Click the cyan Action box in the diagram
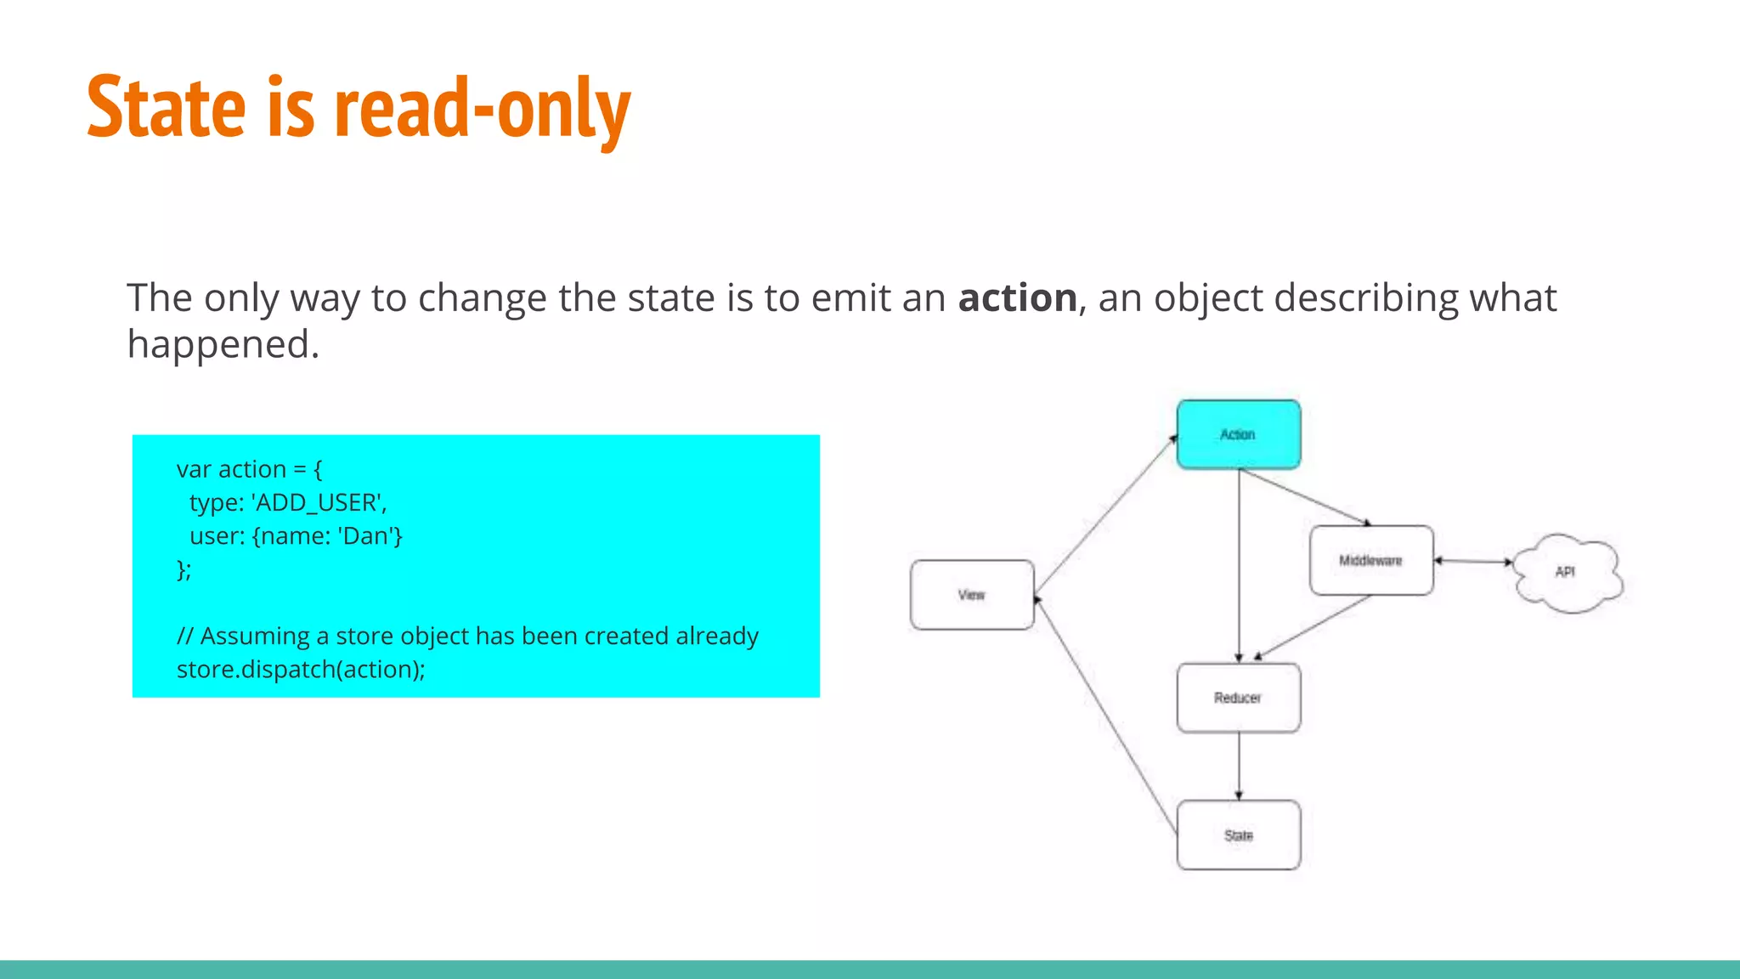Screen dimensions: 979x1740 tap(1238, 434)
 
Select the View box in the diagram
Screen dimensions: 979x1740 tap(972, 595)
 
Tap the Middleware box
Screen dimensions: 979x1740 tap(1370, 561)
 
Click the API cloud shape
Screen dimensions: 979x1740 tap(1566, 572)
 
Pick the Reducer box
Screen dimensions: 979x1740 tap(1238, 698)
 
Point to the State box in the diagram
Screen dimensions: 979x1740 tap(1238, 835)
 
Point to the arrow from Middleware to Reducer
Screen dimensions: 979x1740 tap(1313, 627)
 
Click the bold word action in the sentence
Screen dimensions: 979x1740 tap(1017, 298)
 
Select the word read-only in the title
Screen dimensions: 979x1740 tap(483, 108)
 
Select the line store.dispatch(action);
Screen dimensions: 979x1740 tap(301, 670)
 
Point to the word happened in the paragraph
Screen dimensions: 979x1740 tap(223, 345)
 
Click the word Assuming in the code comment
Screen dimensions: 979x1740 tap(255, 637)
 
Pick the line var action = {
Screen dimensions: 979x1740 tap(249, 469)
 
